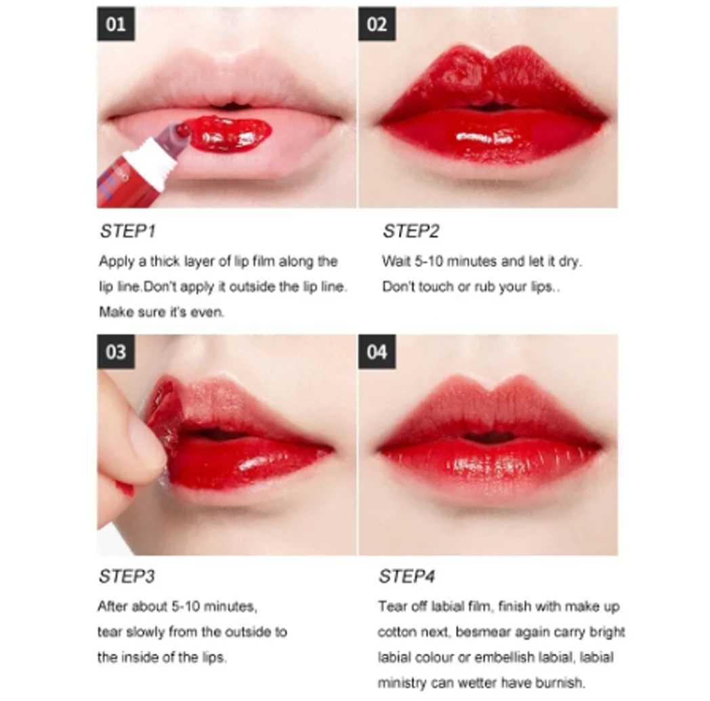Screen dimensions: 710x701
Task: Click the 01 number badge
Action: [x=115, y=24]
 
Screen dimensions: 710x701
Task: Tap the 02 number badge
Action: [x=377, y=24]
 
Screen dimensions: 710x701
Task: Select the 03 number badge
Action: [x=115, y=352]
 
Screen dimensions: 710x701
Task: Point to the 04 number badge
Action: [x=377, y=352]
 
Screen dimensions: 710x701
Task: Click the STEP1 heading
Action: [x=127, y=231]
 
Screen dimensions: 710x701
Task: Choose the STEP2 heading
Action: [x=411, y=231]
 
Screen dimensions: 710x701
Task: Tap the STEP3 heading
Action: [x=127, y=576]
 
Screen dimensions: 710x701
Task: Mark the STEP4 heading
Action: [x=406, y=576]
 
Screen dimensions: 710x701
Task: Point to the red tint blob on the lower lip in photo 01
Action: [x=229, y=134]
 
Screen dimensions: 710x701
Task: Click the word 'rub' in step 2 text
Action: [x=484, y=287]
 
